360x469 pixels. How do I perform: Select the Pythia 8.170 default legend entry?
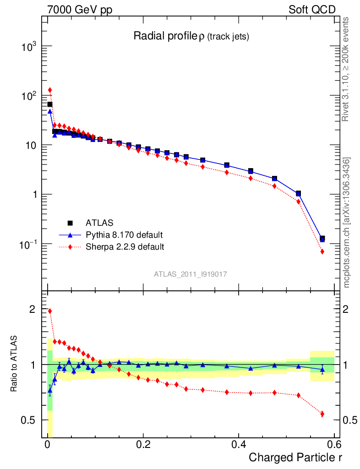(124, 235)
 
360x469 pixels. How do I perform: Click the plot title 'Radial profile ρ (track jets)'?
(191, 37)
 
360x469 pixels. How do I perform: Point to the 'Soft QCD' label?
(312, 10)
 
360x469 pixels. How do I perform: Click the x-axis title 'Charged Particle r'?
(295, 457)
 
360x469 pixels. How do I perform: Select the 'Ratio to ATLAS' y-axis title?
(15, 365)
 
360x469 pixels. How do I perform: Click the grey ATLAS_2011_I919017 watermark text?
(191, 274)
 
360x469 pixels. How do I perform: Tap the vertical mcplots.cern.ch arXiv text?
(347, 222)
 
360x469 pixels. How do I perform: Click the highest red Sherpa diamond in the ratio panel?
(50, 311)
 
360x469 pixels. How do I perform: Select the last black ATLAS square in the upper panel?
(322, 239)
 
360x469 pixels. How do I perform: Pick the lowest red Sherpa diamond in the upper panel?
(322, 251)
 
